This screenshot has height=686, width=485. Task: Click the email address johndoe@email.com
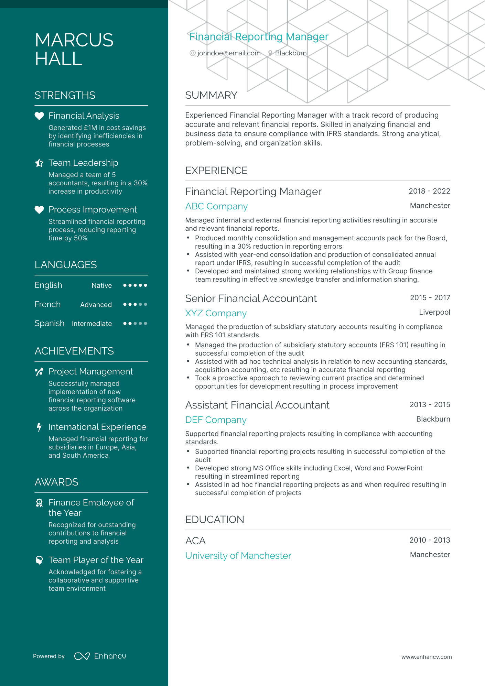coord(229,53)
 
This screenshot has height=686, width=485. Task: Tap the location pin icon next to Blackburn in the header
coord(270,53)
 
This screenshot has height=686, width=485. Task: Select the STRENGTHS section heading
coord(65,95)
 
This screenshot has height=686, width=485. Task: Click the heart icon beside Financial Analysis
coord(39,116)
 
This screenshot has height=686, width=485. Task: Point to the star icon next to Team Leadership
coord(39,163)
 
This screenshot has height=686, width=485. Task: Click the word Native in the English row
coord(101,285)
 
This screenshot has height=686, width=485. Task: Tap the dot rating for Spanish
coord(135,324)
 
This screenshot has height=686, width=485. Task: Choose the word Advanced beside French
coord(96,305)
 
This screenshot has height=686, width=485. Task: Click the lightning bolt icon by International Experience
coord(39,427)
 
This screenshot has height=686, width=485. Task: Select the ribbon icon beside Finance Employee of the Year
coord(39,503)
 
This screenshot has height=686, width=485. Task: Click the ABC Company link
coord(216,206)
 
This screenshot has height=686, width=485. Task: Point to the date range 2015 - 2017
coord(430,298)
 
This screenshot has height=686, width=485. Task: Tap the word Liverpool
coord(434,312)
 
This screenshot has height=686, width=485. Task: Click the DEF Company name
coord(216,420)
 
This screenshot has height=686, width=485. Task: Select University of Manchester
coord(238,556)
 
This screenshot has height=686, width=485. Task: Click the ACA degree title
coord(195,541)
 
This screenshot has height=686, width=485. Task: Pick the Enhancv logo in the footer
coord(100,656)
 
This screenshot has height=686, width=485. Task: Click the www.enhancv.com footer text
coord(427,657)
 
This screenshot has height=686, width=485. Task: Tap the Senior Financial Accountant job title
coord(251,298)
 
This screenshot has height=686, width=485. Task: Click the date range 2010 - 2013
coord(430,540)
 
